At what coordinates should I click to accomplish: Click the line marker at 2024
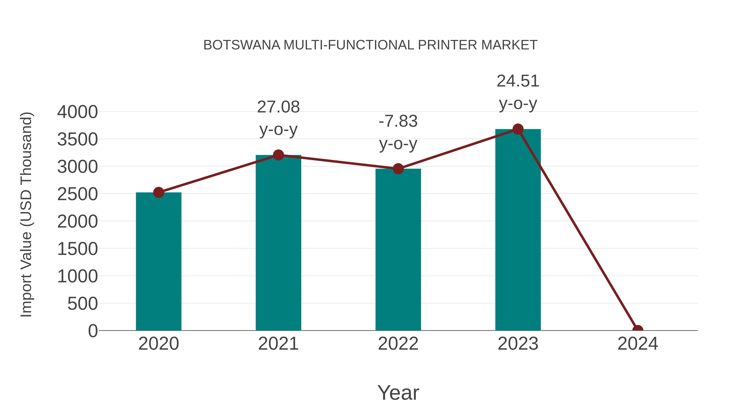tap(637, 330)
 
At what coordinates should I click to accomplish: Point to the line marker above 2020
tap(158, 192)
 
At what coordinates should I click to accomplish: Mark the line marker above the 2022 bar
tap(398, 169)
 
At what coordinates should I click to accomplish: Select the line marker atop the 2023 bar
tap(518, 129)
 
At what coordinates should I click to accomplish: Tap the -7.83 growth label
tap(398, 121)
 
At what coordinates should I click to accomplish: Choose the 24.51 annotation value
tap(518, 81)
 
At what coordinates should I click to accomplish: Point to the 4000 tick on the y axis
tap(77, 112)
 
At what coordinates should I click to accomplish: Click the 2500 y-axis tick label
tap(77, 194)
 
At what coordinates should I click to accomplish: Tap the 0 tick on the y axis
tap(93, 331)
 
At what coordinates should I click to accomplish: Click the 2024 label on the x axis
tap(637, 344)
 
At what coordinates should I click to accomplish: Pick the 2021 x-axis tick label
tap(278, 344)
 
